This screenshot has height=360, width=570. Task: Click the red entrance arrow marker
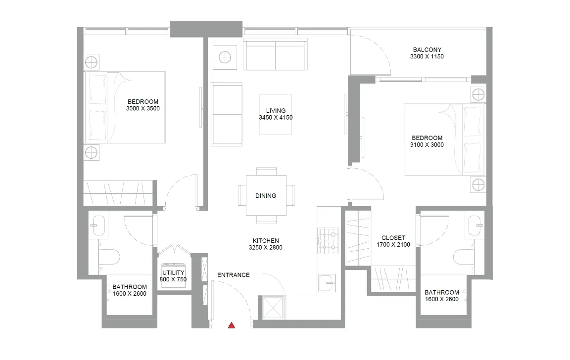231,325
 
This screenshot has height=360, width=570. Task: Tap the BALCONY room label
427,53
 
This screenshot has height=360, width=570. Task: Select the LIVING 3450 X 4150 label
275,114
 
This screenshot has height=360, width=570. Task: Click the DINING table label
266,196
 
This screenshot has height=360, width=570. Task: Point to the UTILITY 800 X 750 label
173,276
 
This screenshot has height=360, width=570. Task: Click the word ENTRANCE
233,275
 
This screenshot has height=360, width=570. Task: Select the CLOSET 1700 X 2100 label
393,241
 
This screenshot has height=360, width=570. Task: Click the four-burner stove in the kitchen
328,241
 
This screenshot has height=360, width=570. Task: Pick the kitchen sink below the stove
327,283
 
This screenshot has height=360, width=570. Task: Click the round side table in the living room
225,57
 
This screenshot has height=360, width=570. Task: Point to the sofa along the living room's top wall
275,55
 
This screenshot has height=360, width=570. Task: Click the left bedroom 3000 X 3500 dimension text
143,108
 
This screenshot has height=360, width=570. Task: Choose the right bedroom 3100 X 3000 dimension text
427,145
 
